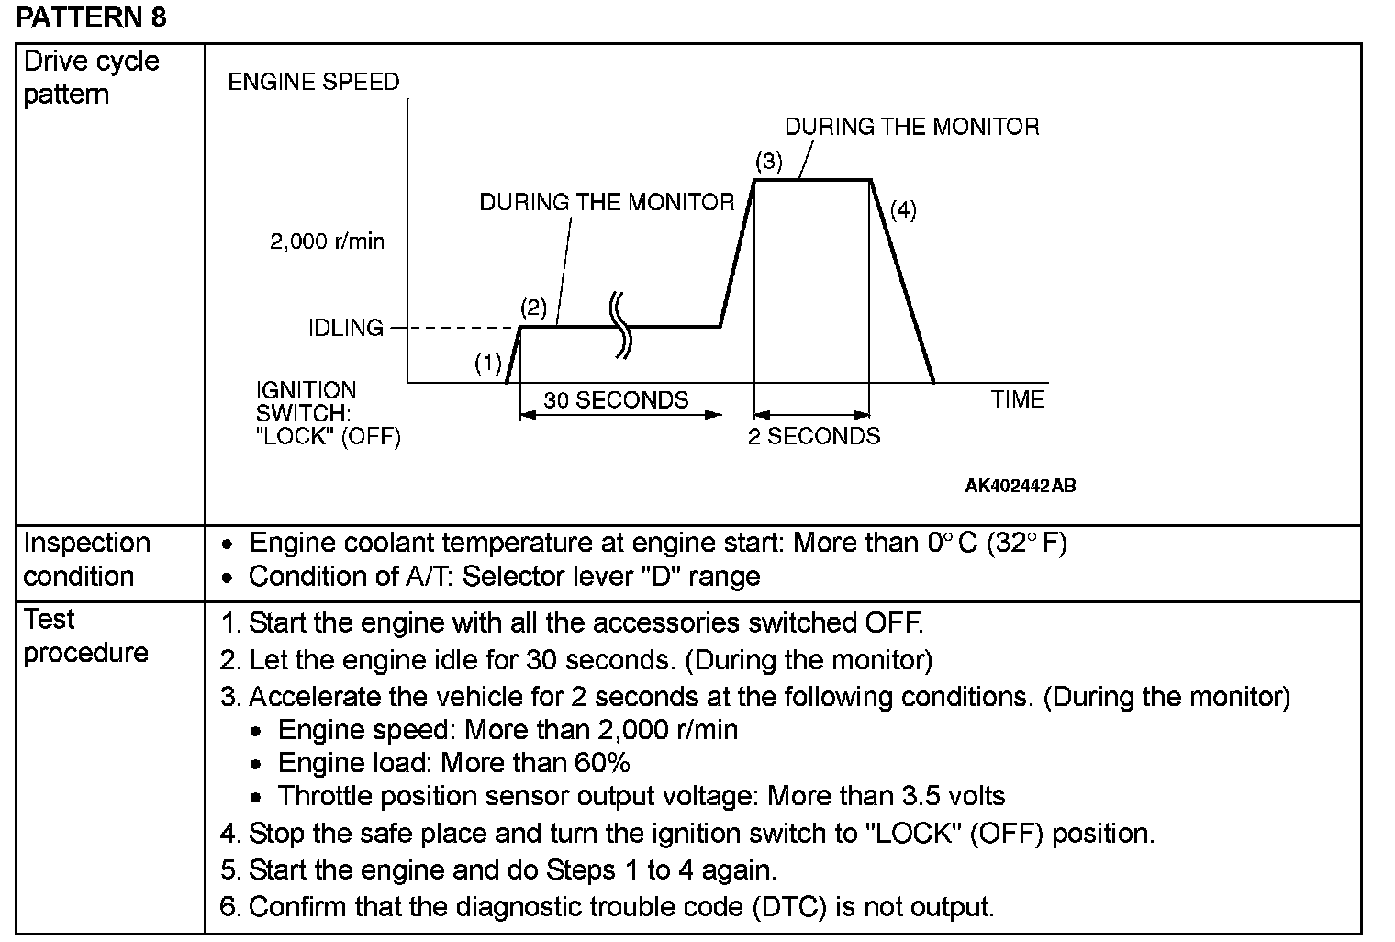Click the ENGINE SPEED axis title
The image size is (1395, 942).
tap(314, 83)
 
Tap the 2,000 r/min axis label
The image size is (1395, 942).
tap(327, 242)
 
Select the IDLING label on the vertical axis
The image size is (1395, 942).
tap(345, 328)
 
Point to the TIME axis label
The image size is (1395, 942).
tap(1017, 400)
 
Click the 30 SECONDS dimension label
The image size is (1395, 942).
tap(616, 400)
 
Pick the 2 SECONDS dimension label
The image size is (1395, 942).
tap(813, 436)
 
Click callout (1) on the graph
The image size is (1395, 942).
tap(488, 364)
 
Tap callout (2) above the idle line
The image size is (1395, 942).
tap(533, 308)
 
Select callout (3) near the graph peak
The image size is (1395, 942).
tap(768, 162)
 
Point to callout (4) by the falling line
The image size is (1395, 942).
tap(903, 210)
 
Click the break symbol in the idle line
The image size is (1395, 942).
tap(622, 325)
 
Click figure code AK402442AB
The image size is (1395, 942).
tap(1020, 486)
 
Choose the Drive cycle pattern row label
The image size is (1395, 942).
tap(91, 78)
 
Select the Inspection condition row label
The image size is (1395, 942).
tap(86, 559)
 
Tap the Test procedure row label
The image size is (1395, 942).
tap(85, 635)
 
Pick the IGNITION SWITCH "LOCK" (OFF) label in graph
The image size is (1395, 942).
tap(328, 413)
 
